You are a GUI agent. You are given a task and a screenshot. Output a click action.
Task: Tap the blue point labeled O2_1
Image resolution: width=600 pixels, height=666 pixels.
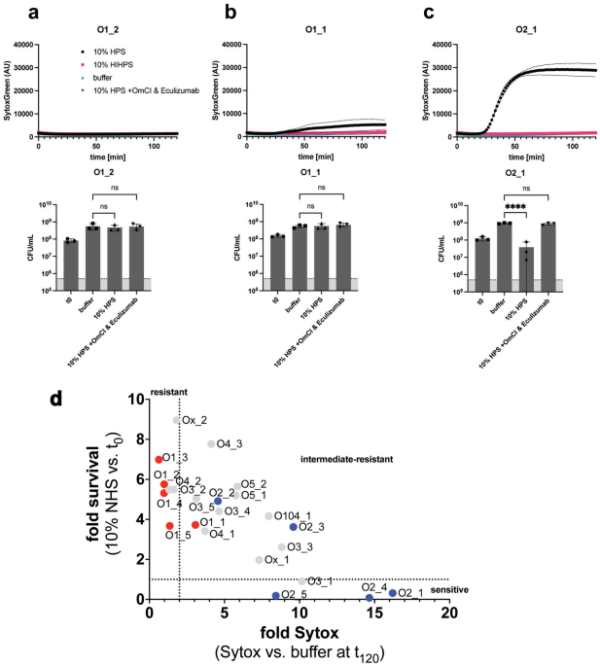[x=392, y=592]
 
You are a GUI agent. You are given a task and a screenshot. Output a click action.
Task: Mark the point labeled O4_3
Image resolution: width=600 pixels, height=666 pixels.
[x=210, y=444]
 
